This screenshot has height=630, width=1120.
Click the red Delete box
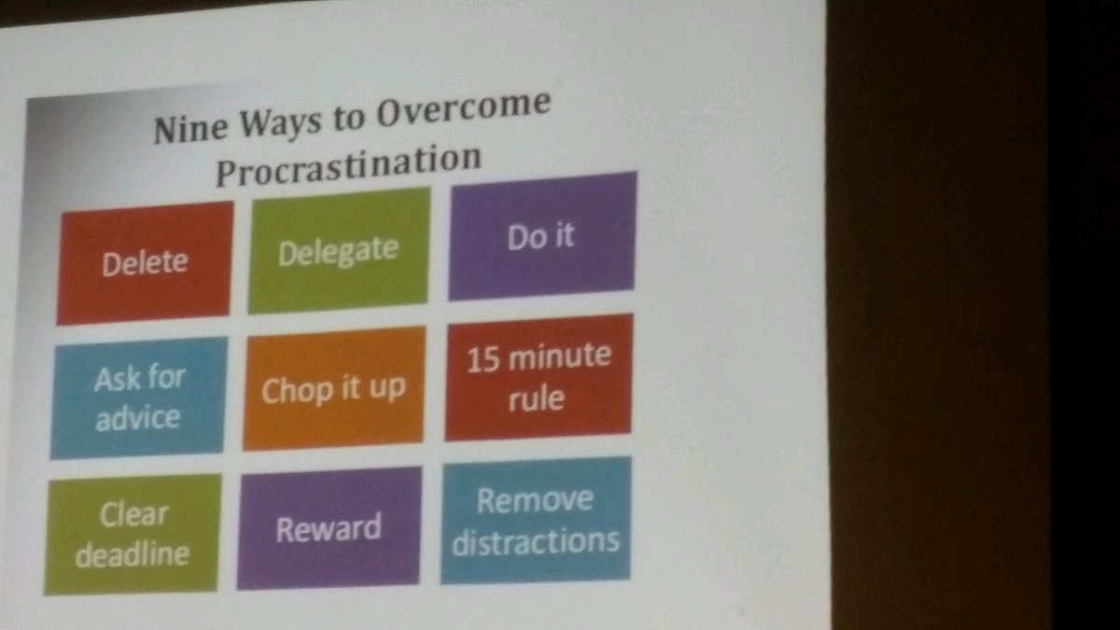click(145, 262)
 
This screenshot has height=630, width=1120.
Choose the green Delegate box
click(339, 249)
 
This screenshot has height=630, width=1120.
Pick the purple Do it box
click(542, 235)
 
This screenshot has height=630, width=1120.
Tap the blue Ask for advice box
click(139, 398)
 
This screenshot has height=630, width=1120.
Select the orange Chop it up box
click(333, 387)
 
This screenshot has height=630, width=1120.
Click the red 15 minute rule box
click(539, 376)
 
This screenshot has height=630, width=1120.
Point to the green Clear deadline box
click(133, 533)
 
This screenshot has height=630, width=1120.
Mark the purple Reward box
click(329, 528)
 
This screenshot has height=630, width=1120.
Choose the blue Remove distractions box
click(536, 520)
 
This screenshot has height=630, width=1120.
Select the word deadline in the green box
click(133, 553)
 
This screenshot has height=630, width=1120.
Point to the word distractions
click(536, 540)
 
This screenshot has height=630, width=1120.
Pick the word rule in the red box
click(539, 398)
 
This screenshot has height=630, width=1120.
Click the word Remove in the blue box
click(535, 499)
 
